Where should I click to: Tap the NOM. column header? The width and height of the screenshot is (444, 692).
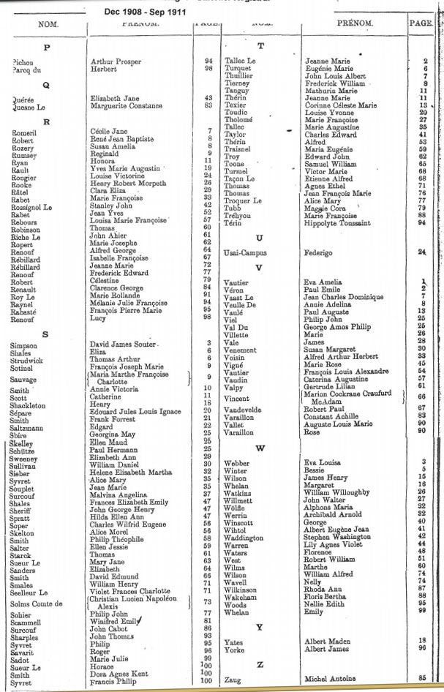(x=48, y=25)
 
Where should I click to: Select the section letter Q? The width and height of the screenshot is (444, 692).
(x=45, y=84)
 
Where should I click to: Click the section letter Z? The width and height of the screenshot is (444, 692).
(x=260, y=664)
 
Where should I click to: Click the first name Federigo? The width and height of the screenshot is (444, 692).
(x=319, y=252)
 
